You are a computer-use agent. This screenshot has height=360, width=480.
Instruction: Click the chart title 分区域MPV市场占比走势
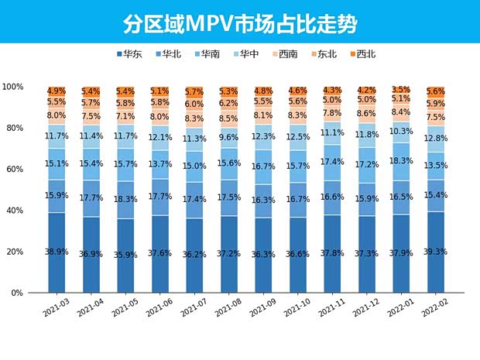[239, 23]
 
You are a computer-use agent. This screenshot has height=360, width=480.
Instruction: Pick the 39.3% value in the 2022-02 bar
[435, 252]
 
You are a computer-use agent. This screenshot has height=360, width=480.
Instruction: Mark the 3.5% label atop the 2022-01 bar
[401, 90]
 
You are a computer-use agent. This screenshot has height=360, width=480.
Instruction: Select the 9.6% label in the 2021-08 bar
[229, 138]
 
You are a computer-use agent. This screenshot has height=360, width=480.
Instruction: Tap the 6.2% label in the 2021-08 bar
[229, 103]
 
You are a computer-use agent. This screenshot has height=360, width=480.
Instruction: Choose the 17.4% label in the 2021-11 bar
[332, 162]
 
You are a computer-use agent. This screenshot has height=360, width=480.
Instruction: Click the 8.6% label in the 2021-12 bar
[366, 114]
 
